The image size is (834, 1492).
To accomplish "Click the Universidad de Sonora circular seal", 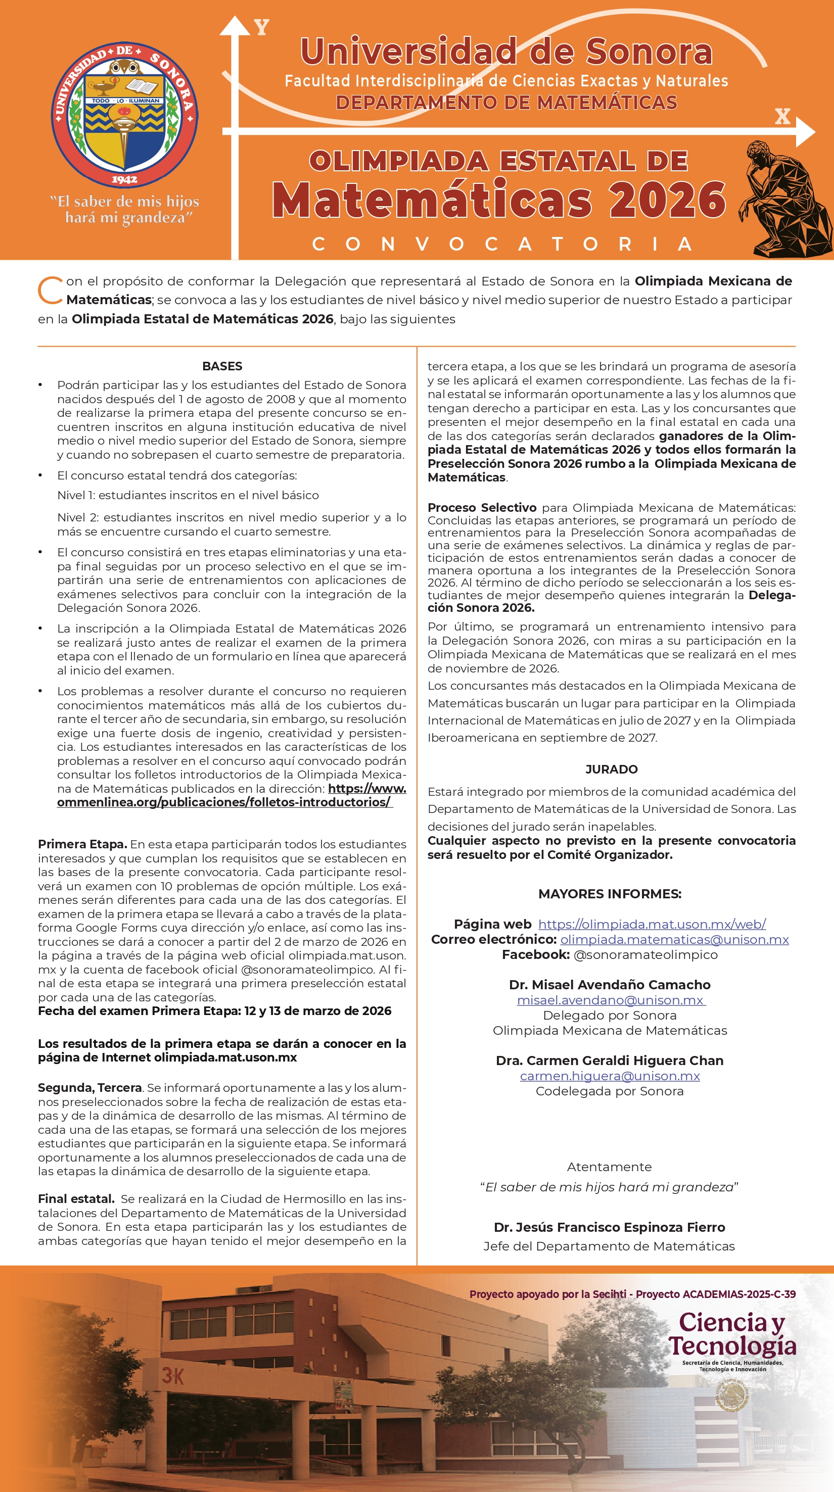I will pyautogui.click(x=125, y=114).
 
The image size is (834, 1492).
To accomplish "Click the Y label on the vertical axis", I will pyautogui.click(x=262, y=27).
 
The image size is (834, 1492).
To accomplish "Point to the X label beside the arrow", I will pyautogui.click(x=782, y=117).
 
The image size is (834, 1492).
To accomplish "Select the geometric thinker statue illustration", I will pyautogui.click(x=785, y=200).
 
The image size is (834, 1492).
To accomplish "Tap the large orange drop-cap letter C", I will pyautogui.click(x=50, y=290).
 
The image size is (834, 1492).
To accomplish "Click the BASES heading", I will pyautogui.click(x=222, y=366).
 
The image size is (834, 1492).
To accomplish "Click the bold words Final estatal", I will pyautogui.click(x=76, y=1198).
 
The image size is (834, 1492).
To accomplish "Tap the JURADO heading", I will pyautogui.click(x=611, y=769).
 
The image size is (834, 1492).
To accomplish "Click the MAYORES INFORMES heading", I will pyautogui.click(x=610, y=894).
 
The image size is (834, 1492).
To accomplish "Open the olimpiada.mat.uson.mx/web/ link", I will pyautogui.click(x=652, y=925).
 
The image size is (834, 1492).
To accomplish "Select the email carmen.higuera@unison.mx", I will pyautogui.click(x=610, y=1076).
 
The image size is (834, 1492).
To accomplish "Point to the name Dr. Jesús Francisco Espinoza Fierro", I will pyautogui.click(x=609, y=1227).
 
